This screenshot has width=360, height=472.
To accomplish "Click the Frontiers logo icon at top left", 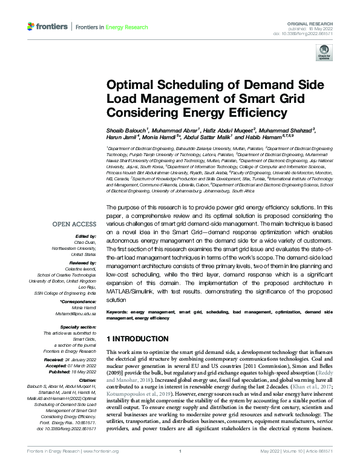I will (x=31, y=27).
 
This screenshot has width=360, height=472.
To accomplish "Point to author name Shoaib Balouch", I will (x=126, y=130).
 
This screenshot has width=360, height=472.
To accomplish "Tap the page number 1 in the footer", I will (x=180, y=466).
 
